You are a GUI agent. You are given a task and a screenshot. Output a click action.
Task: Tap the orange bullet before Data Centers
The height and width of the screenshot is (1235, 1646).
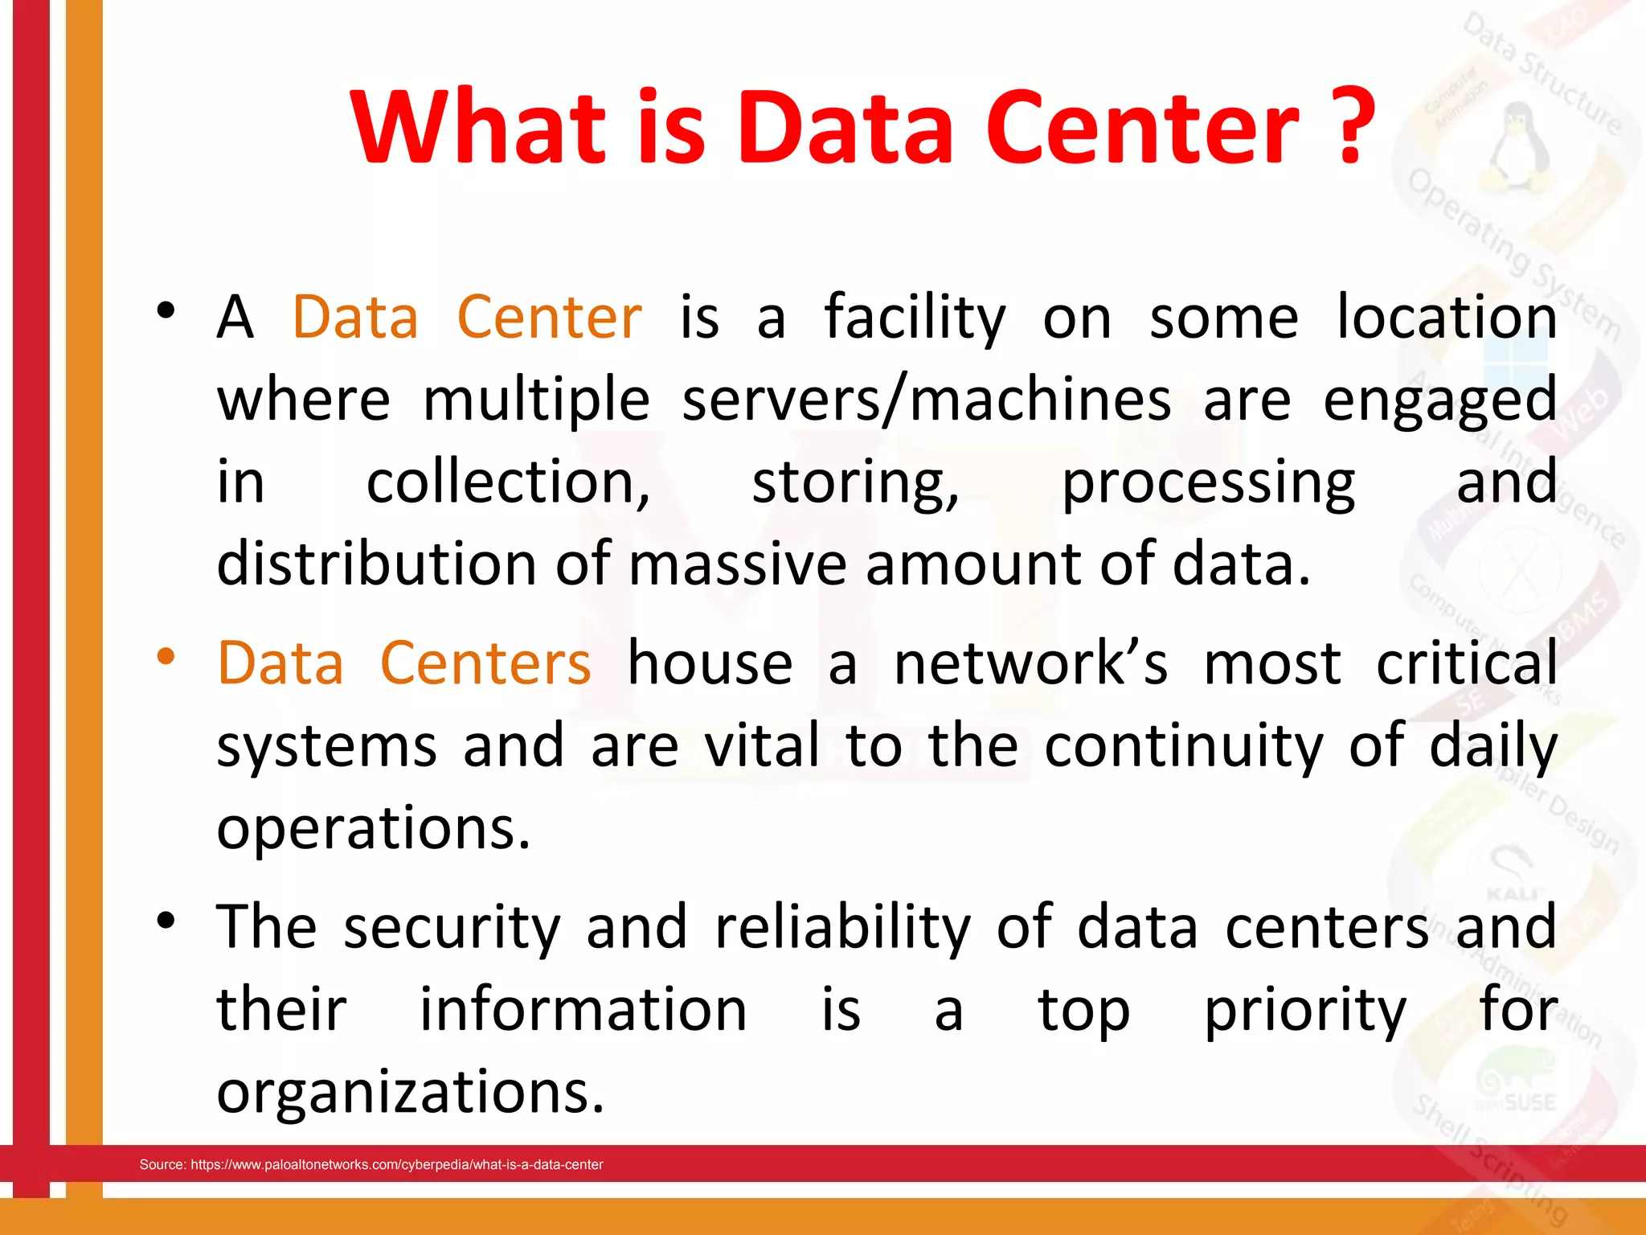pyautogui.click(x=166, y=657)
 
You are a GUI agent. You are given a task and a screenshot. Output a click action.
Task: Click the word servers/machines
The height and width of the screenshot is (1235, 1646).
pyautogui.click(x=926, y=400)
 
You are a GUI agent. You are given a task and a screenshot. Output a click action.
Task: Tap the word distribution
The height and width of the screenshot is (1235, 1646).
pyautogui.click(x=375, y=563)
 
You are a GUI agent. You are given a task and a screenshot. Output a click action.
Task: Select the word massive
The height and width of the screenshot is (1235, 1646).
pyautogui.click(x=737, y=563)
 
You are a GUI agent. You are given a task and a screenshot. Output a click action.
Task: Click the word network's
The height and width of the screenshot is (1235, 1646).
pyautogui.click(x=1031, y=663)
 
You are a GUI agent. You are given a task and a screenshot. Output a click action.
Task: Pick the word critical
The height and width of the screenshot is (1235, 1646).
pyautogui.click(x=1467, y=663)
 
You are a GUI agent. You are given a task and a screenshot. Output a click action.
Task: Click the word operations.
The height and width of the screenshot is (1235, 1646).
pyautogui.click(x=373, y=829)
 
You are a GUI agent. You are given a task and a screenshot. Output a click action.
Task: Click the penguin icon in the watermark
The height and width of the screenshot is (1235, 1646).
pyautogui.click(x=1517, y=145)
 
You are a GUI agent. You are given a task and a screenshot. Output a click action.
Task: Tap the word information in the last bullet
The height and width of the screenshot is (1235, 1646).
pyautogui.click(x=583, y=1010)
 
